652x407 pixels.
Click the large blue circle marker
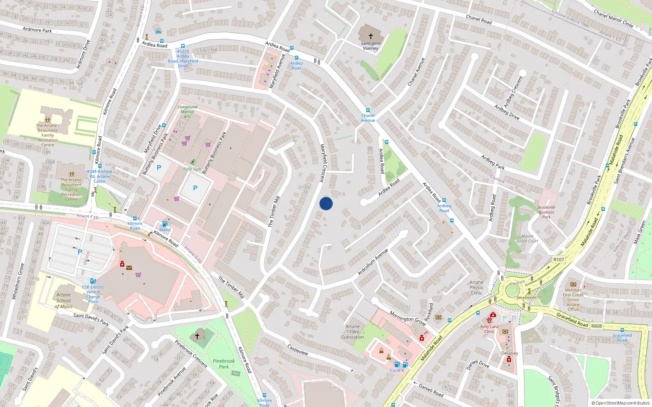point(326,203)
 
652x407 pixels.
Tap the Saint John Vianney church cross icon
point(371,36)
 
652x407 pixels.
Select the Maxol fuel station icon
point(165,224)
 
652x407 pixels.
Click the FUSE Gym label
point(192,169)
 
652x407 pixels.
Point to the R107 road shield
point(559,260)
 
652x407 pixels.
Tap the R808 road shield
point(597,326)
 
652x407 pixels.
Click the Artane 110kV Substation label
point(352,332)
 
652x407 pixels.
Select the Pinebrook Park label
point(224,364)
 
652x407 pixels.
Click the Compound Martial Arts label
point(187,112)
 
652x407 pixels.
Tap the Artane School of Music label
point(64,301)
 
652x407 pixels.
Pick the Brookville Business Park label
point(546,212)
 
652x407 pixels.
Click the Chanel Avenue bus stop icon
point(368,110)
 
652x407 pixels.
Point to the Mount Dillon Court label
point(527,239)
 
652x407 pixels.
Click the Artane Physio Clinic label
point(476,287)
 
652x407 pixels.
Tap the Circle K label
point(397,370)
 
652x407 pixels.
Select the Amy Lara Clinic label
point(489,329)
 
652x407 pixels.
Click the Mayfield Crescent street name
point(322,163)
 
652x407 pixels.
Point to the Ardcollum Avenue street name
point(373,263)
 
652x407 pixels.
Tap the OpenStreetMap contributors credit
point(620,403)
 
